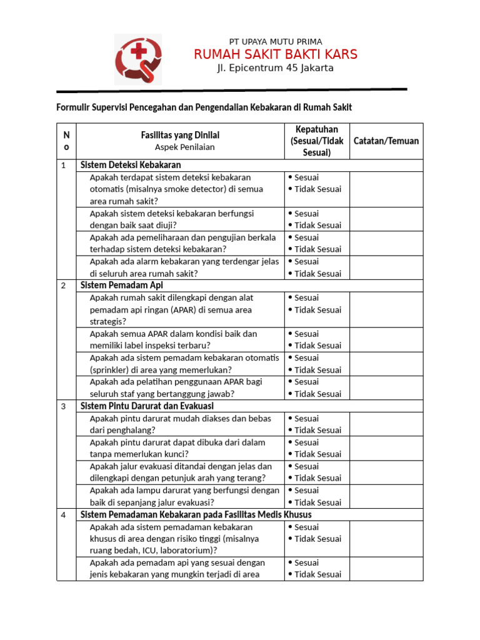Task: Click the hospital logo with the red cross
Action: click(x=137, y=59)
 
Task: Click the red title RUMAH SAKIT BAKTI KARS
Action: click(x=275, y=54)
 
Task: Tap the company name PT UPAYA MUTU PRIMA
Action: click(x=275, y=41)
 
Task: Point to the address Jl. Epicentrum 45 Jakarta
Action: click(x=275, y=68)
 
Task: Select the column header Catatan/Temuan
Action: click(x=386, y=141)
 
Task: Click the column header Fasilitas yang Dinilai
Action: click(x=180, y=135)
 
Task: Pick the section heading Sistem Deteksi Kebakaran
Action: click(x=131, y=165)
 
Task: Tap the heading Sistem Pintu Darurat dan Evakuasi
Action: click(x=147, y=406)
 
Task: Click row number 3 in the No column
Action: click(x=63, y=406)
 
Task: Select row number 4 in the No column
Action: click(x=63, y=515)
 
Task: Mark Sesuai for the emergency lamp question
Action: click(x=306, y=491)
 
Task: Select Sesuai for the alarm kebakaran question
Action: click(x=306, y=262)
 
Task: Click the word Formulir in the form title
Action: click(x=74, y=107)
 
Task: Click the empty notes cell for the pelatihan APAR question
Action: click(x=386, y=387)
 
